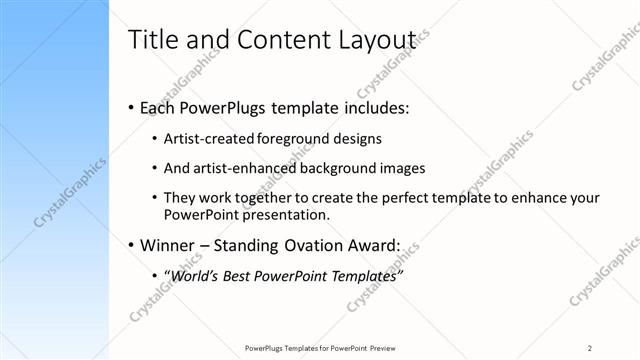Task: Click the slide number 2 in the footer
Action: [x=590, y=347]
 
